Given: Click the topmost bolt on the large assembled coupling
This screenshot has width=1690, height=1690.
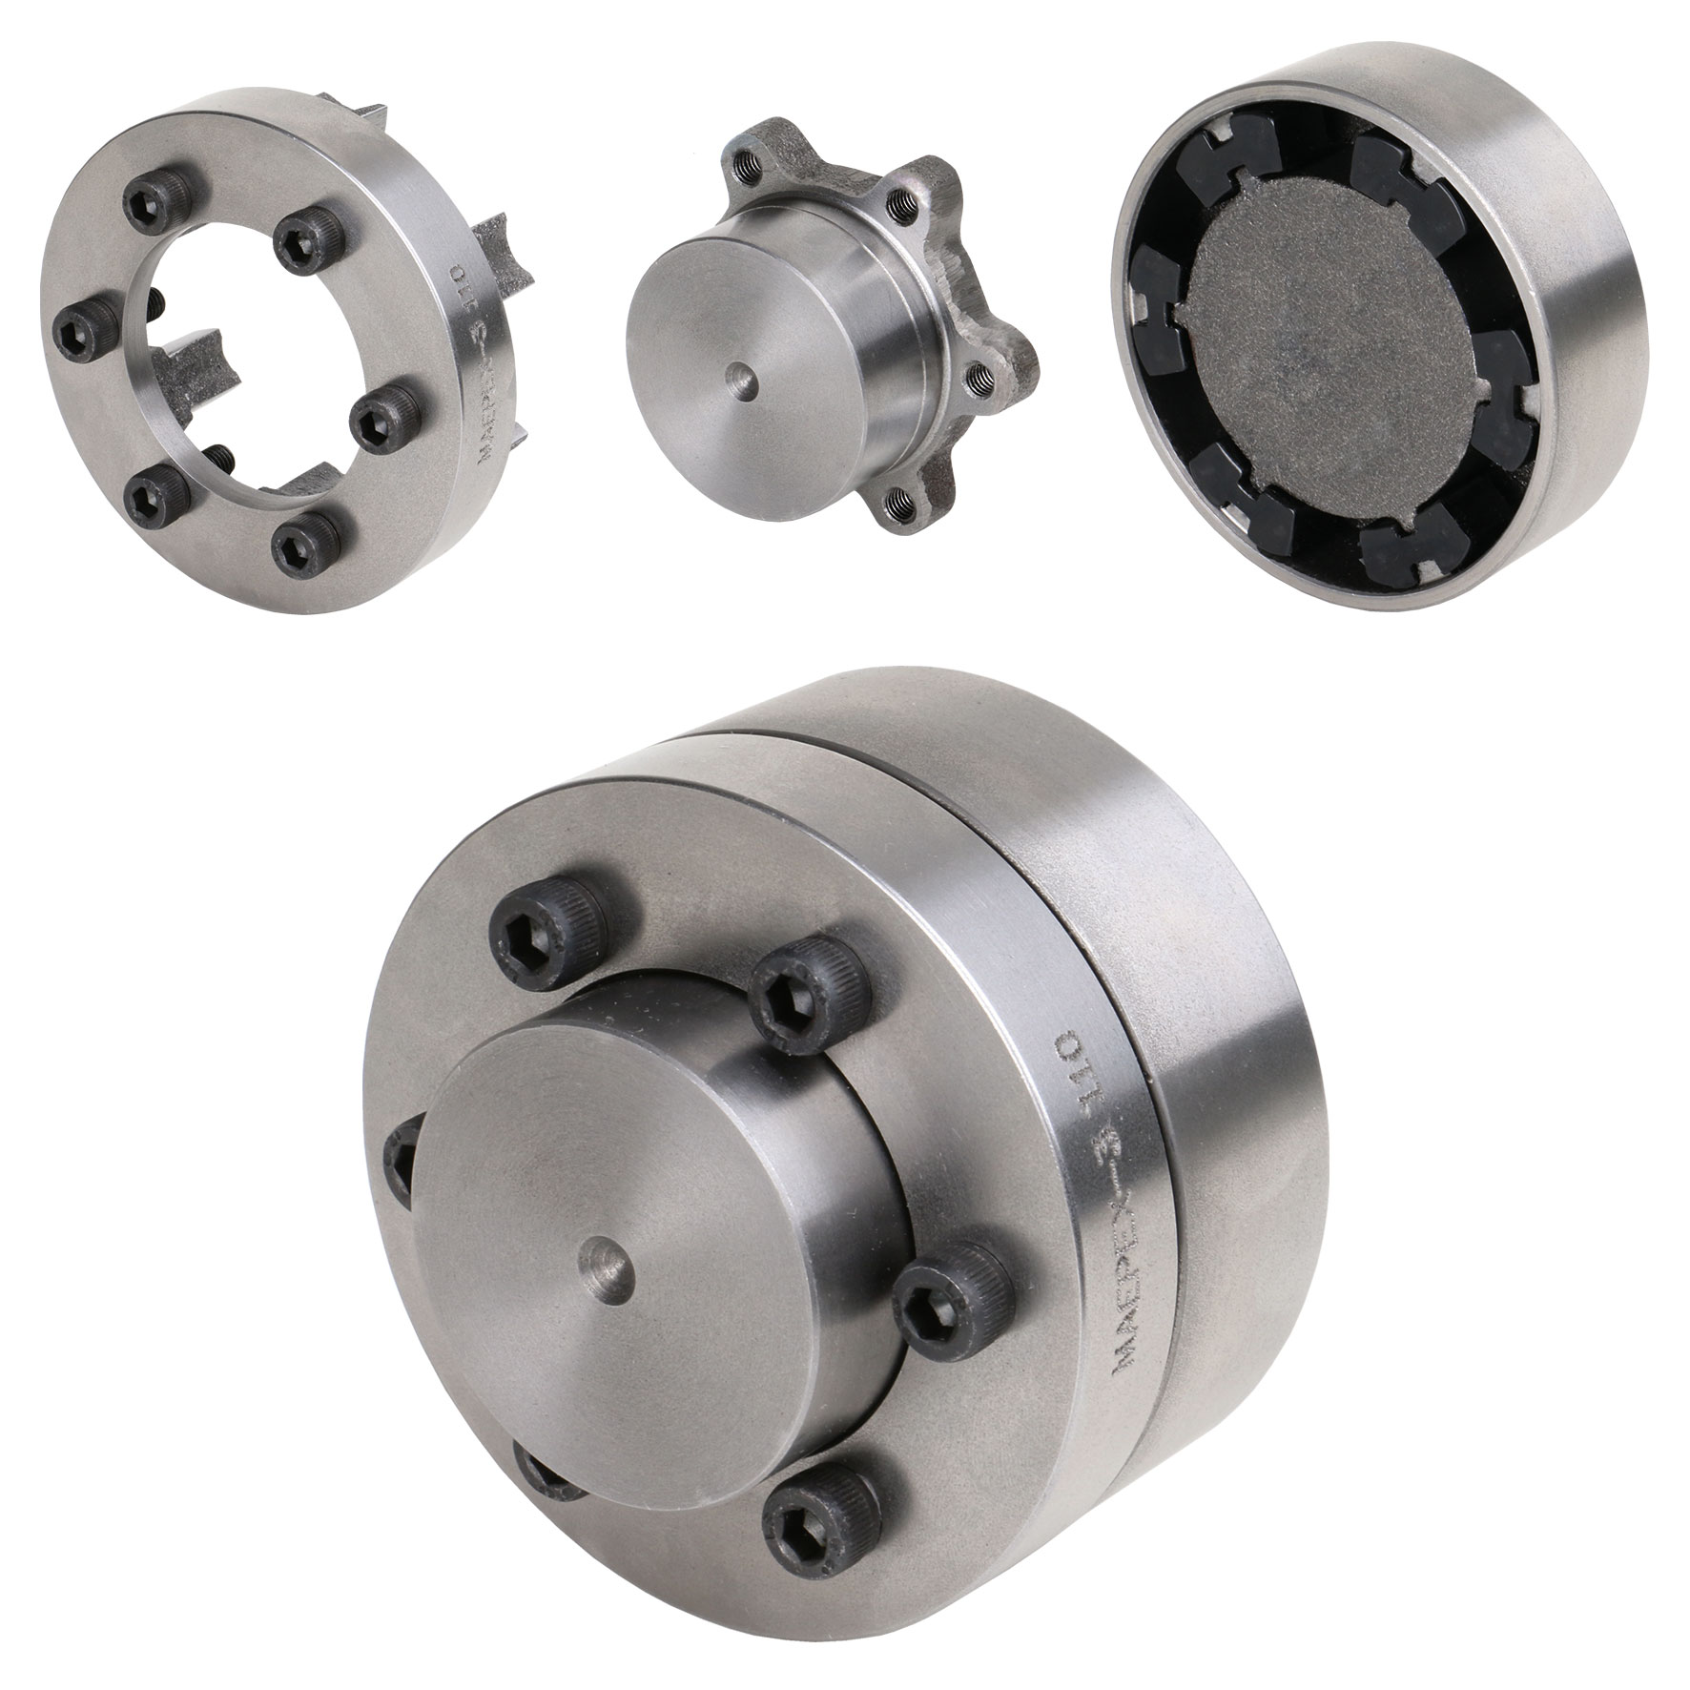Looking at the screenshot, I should click(x=530, y=935).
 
